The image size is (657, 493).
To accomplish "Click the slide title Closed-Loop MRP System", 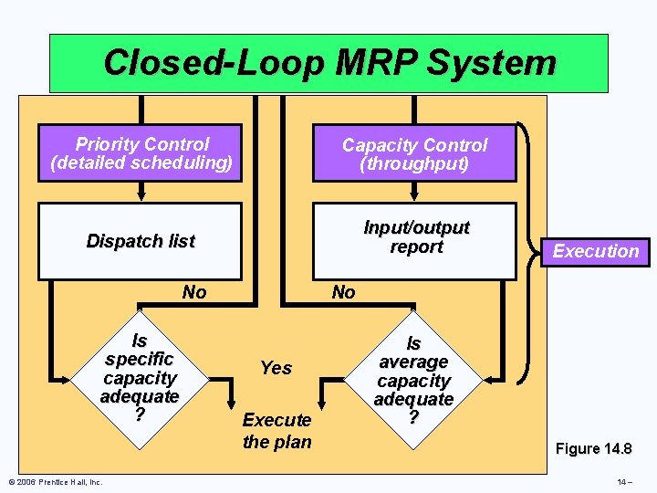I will coord(328,63).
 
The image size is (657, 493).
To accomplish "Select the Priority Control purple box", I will coord(141,153).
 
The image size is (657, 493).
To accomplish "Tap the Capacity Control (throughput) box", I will coord(414,153).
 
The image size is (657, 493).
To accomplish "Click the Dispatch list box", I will coord(140,241).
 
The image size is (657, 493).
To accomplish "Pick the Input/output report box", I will coord(415,237).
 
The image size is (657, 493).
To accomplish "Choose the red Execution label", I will coord(596,251).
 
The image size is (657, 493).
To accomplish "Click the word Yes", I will coord(276,368).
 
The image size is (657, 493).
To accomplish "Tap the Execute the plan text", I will coord(276,431).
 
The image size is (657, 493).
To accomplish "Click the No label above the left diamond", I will coord(194,292).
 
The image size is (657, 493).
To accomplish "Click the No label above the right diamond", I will coord(343,292).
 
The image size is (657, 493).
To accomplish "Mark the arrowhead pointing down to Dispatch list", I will coord(141,194).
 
